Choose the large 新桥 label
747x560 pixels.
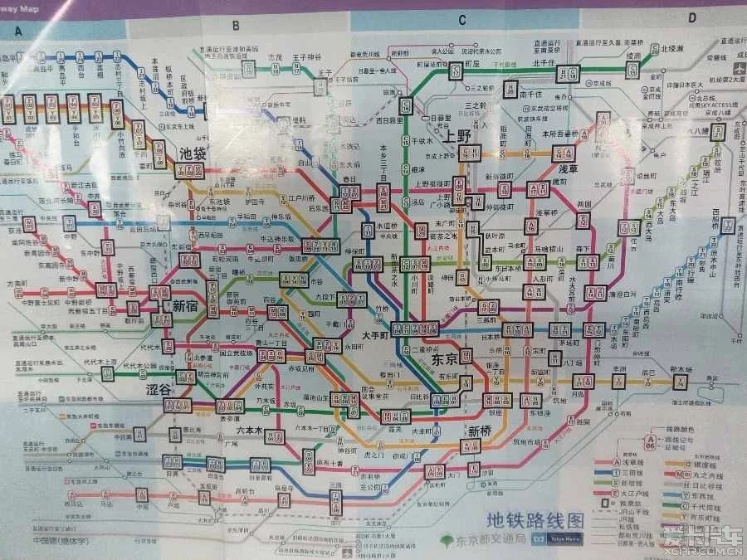click(x=481, y=431)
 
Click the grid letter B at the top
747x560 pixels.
click(x=236, y=25)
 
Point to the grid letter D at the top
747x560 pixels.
click(x=691, y=17)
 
